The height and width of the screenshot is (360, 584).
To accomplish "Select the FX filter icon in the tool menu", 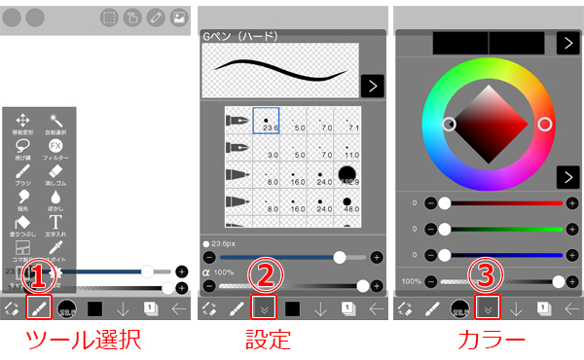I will point(55,146).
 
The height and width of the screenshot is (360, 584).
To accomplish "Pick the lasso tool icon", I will point(23,146).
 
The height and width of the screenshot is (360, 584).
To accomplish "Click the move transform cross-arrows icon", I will point(23,120).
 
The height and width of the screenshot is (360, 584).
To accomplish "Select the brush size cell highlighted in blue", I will point(266,121).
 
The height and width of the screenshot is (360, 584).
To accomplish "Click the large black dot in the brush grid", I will point(347,176).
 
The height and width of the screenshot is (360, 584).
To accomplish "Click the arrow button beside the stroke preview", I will point(371,86).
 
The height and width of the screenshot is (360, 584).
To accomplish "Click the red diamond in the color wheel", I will point(496,125).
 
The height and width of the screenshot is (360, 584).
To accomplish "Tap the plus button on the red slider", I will point(569,203).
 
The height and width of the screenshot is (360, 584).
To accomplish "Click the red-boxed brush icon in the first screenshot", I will point(39,308).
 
